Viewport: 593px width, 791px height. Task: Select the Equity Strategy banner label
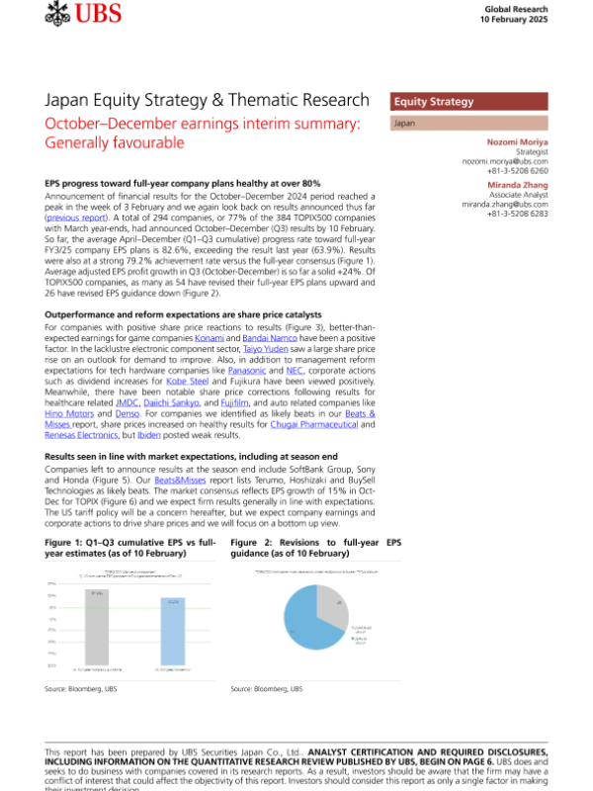(434, 102)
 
